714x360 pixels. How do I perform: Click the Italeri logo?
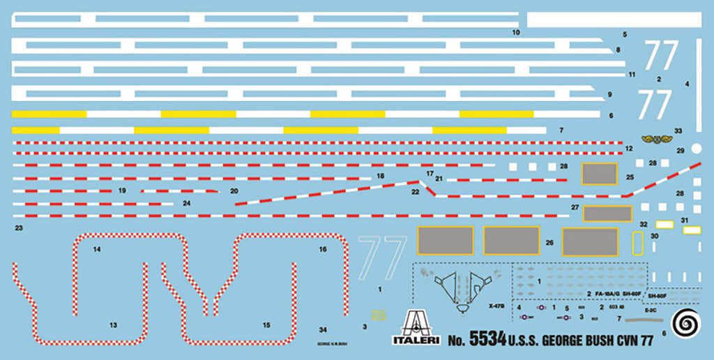click(x=416, y=329)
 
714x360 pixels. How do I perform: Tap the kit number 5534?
click(x=487, y=340)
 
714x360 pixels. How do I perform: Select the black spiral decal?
click(x=688, y=322)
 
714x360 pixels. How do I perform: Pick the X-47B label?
click(x=496, y=306)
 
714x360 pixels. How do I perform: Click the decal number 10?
click(x=516, y=33)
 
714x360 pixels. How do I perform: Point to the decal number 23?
click(x=18, y=228)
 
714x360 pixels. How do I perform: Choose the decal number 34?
click(x=322, y=329)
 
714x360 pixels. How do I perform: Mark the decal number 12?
click(x=629, y=149)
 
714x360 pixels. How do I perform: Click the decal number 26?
click(x=549, y=243)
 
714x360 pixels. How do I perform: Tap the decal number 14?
click(x=97, y=249)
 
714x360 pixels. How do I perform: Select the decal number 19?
click(x=122, y=190)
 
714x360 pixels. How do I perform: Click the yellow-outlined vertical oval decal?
click(x=636, y=243)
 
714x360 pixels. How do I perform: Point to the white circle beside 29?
click(x=696, y=148)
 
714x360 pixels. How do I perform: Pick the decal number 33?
click(x=678, y=130)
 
